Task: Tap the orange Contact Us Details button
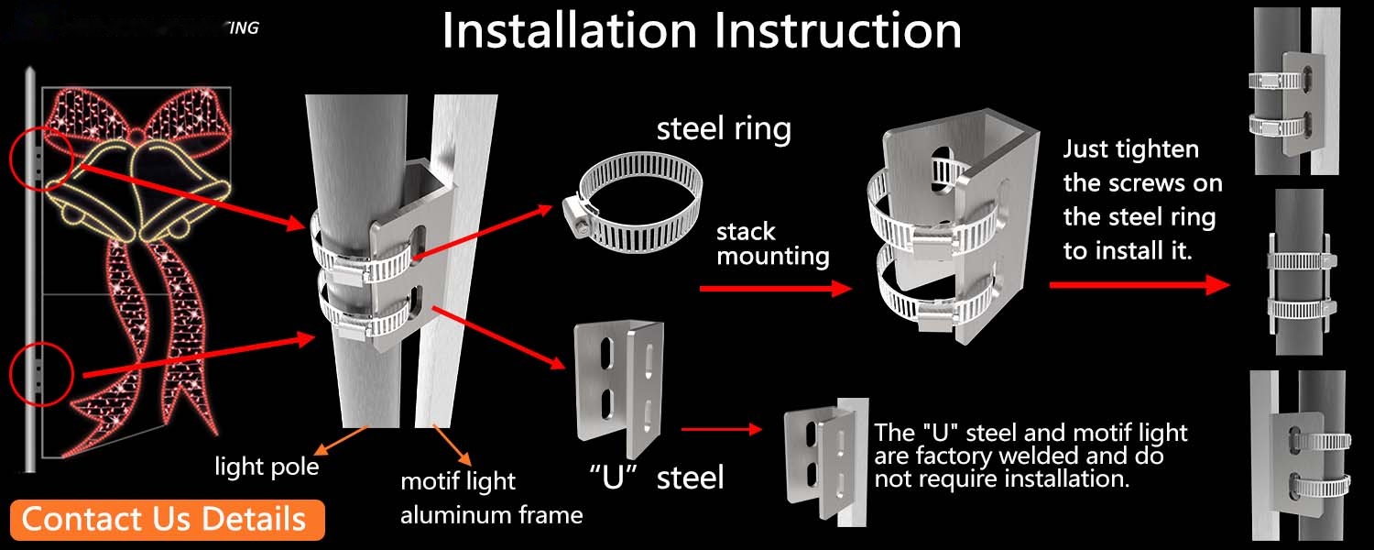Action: pos(164,519)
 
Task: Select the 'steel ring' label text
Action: pos(724,128)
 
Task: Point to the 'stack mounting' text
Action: pos(772,244)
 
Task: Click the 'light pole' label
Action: pos(267,467)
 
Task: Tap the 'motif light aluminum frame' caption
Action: pos(491,498)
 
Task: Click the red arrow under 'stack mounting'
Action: pos(774,289)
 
